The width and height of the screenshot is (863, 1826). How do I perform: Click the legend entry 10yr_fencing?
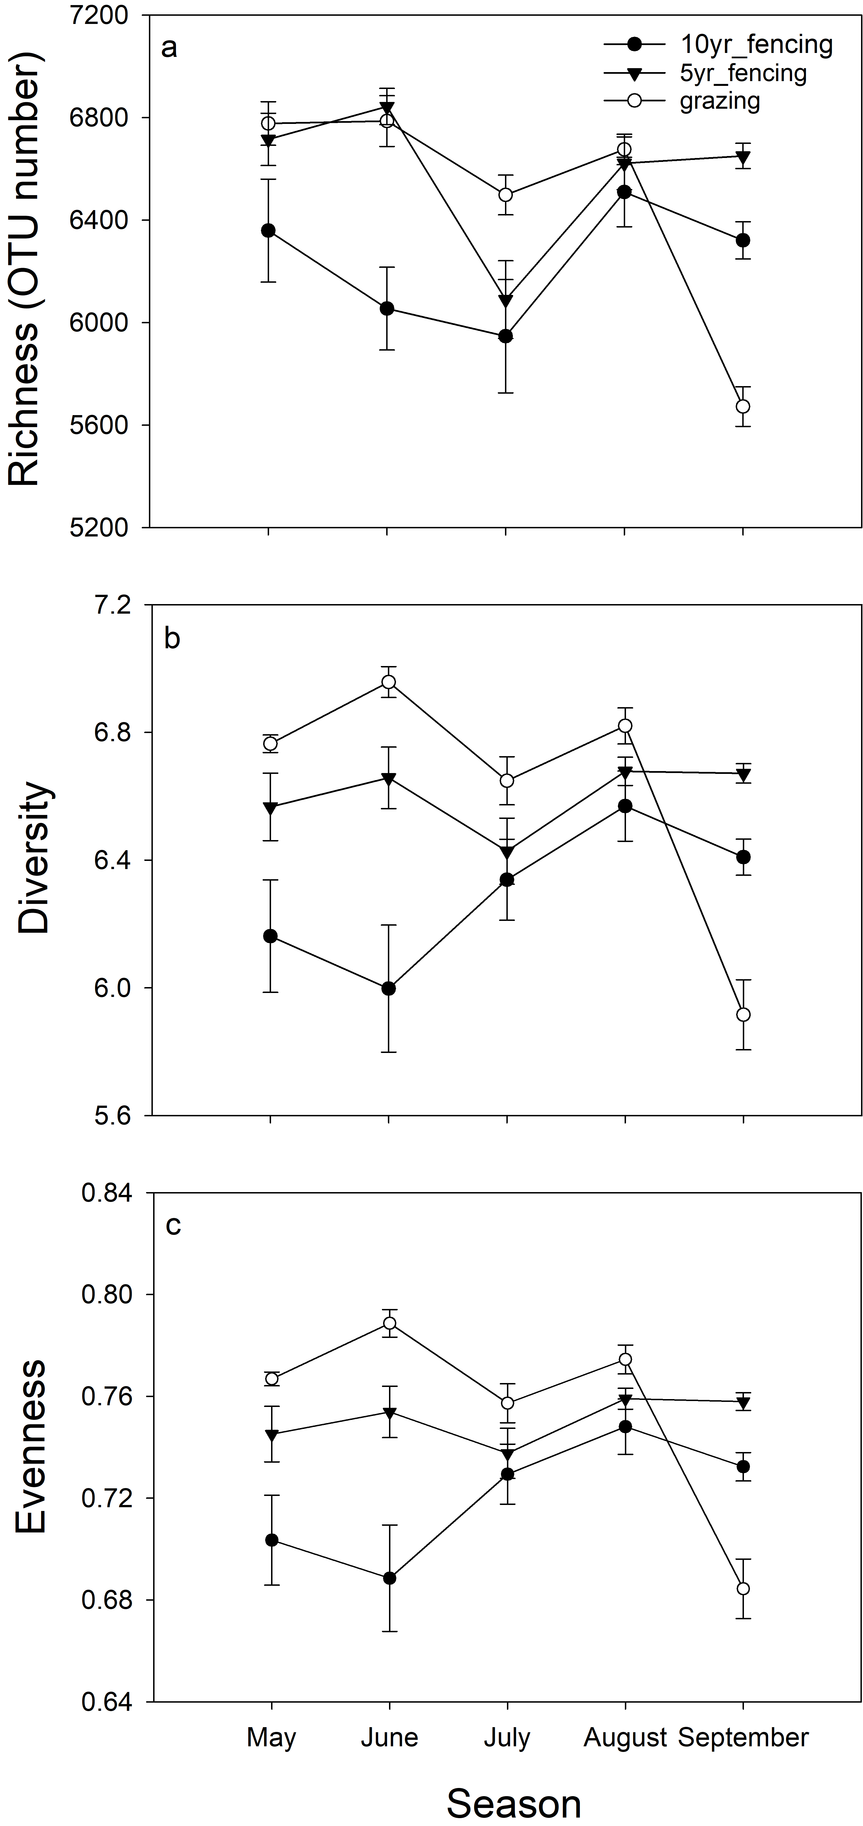[x=756, y=45]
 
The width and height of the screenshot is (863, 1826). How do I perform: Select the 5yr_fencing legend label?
[x=743, y=73]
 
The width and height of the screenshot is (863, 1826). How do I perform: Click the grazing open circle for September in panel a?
[x=743, y=406]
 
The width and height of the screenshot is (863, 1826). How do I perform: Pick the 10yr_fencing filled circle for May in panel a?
[x=269, y=230]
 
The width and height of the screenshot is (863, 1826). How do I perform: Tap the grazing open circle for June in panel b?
[x=388, y=682]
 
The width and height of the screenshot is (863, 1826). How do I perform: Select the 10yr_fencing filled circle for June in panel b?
[x=388, y=988]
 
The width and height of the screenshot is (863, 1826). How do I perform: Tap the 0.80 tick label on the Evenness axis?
[x=107, y=1294]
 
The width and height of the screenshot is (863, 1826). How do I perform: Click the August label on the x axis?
[x=625, y=1737]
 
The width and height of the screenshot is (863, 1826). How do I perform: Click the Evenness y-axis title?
[x=31, y=1446]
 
